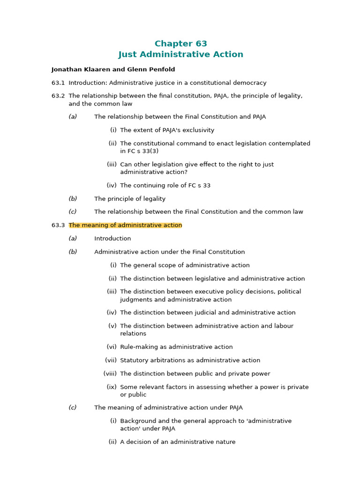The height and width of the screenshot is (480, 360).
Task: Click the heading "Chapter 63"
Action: pos(180,44)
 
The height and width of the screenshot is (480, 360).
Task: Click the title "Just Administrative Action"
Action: pos(180,54)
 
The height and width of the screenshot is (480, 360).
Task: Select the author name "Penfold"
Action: pos(162,69)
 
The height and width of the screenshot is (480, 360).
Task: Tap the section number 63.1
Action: pos(58,83)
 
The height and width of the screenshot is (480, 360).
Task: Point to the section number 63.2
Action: pos(58,96)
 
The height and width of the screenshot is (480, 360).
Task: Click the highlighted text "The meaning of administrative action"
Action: pos(125,225)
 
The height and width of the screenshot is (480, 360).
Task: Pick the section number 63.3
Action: pos(58,225)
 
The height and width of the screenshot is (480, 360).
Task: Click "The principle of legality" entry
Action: pos(130,199)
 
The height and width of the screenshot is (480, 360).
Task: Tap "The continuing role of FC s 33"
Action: pos(165,186)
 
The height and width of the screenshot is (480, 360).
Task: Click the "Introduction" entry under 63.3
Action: pos(112,239)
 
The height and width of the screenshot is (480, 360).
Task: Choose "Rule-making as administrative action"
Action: pos(176,347)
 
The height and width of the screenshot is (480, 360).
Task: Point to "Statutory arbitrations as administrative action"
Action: pos(190,360)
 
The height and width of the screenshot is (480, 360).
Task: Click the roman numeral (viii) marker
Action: pos(110,374)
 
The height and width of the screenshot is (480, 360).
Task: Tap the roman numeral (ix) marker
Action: pos(112,387)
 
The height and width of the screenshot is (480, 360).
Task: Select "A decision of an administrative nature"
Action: pos(178,442)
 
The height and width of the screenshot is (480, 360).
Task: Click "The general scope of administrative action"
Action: pos(185,265)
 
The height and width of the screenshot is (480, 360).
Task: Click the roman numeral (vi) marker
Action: pos(112,347)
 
